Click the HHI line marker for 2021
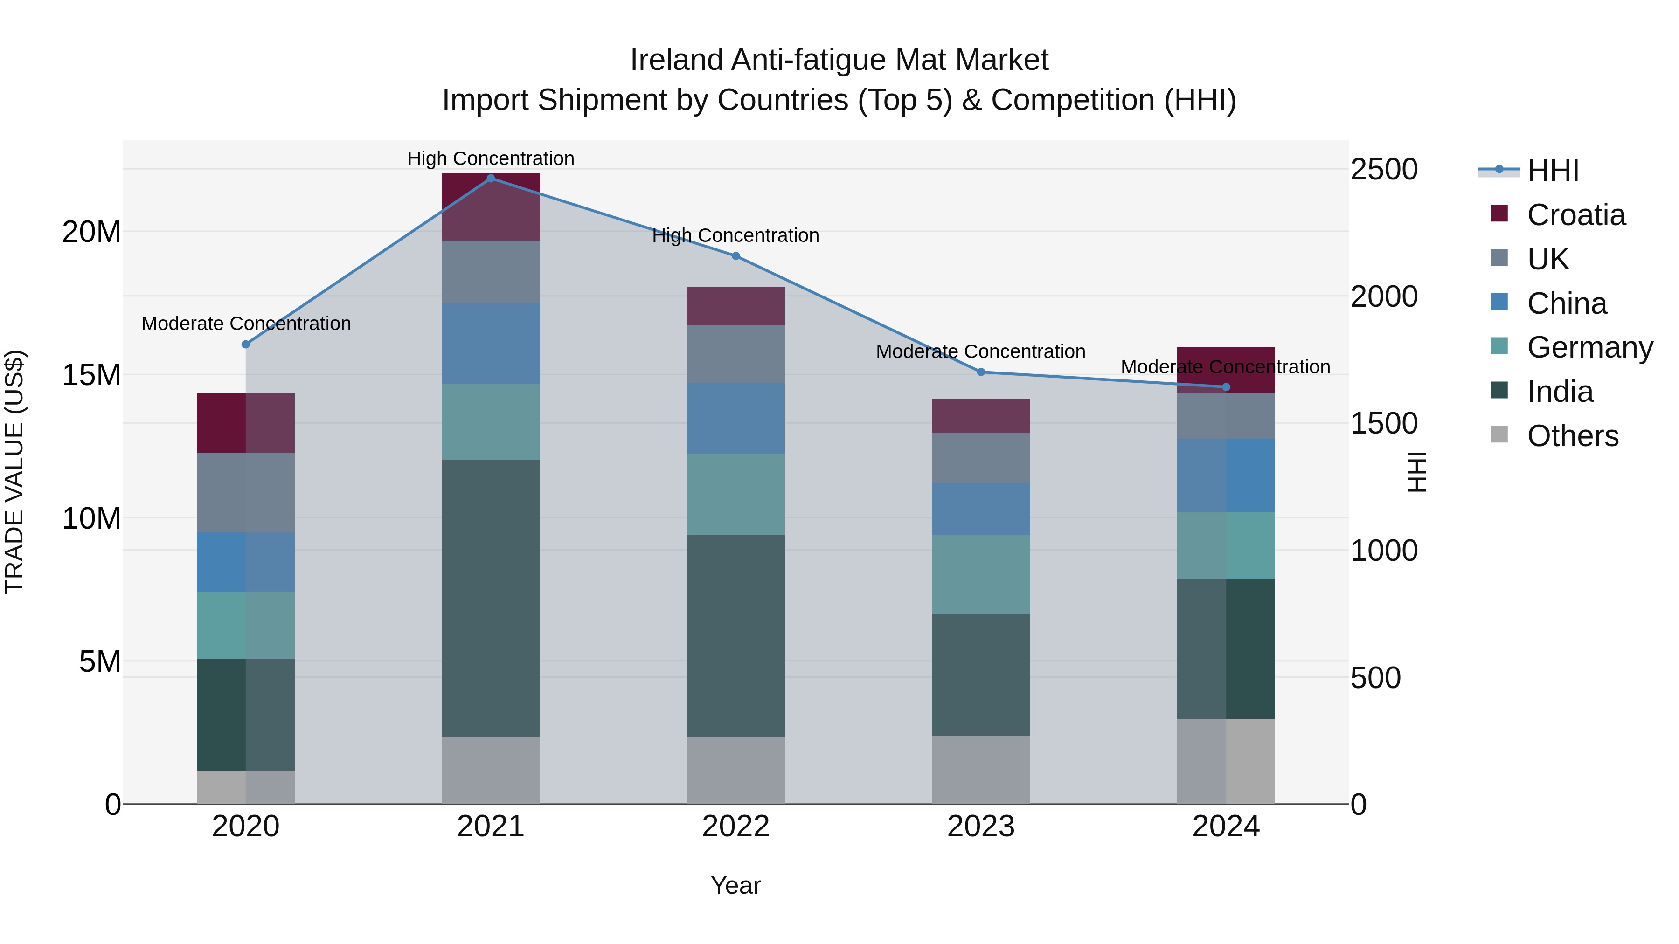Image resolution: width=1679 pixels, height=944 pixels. tap(491, 178)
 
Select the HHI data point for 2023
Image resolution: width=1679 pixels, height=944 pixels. tap(981, 372)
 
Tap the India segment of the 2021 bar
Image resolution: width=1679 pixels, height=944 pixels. tap(491, 598)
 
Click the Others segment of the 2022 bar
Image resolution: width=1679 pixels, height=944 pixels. tap(736, 770)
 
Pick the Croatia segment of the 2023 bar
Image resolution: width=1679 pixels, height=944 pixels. tap(981, 416)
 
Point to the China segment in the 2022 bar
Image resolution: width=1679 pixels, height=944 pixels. tap(736, 418)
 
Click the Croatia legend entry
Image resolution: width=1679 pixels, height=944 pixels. tap(1575, 215)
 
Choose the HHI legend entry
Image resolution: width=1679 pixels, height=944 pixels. tap(1553, 171)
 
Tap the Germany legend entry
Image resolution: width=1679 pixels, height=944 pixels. tap(1589, 347)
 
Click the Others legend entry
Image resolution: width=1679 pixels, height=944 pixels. tap(1572, 436)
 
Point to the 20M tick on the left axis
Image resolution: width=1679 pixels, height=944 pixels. tap(91, 232)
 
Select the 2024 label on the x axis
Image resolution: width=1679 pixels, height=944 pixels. tap(1225, 827)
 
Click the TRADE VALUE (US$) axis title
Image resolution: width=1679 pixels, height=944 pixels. tap(14, 472)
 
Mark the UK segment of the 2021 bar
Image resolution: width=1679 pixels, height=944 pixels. tap(491, 272)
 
